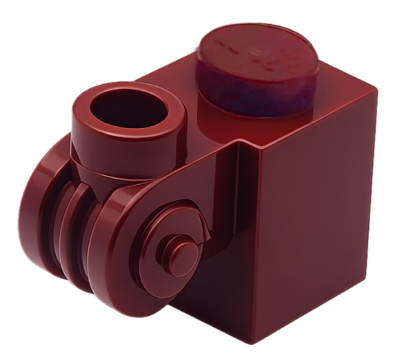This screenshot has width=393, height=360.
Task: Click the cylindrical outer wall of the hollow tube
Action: click(104, 140)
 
